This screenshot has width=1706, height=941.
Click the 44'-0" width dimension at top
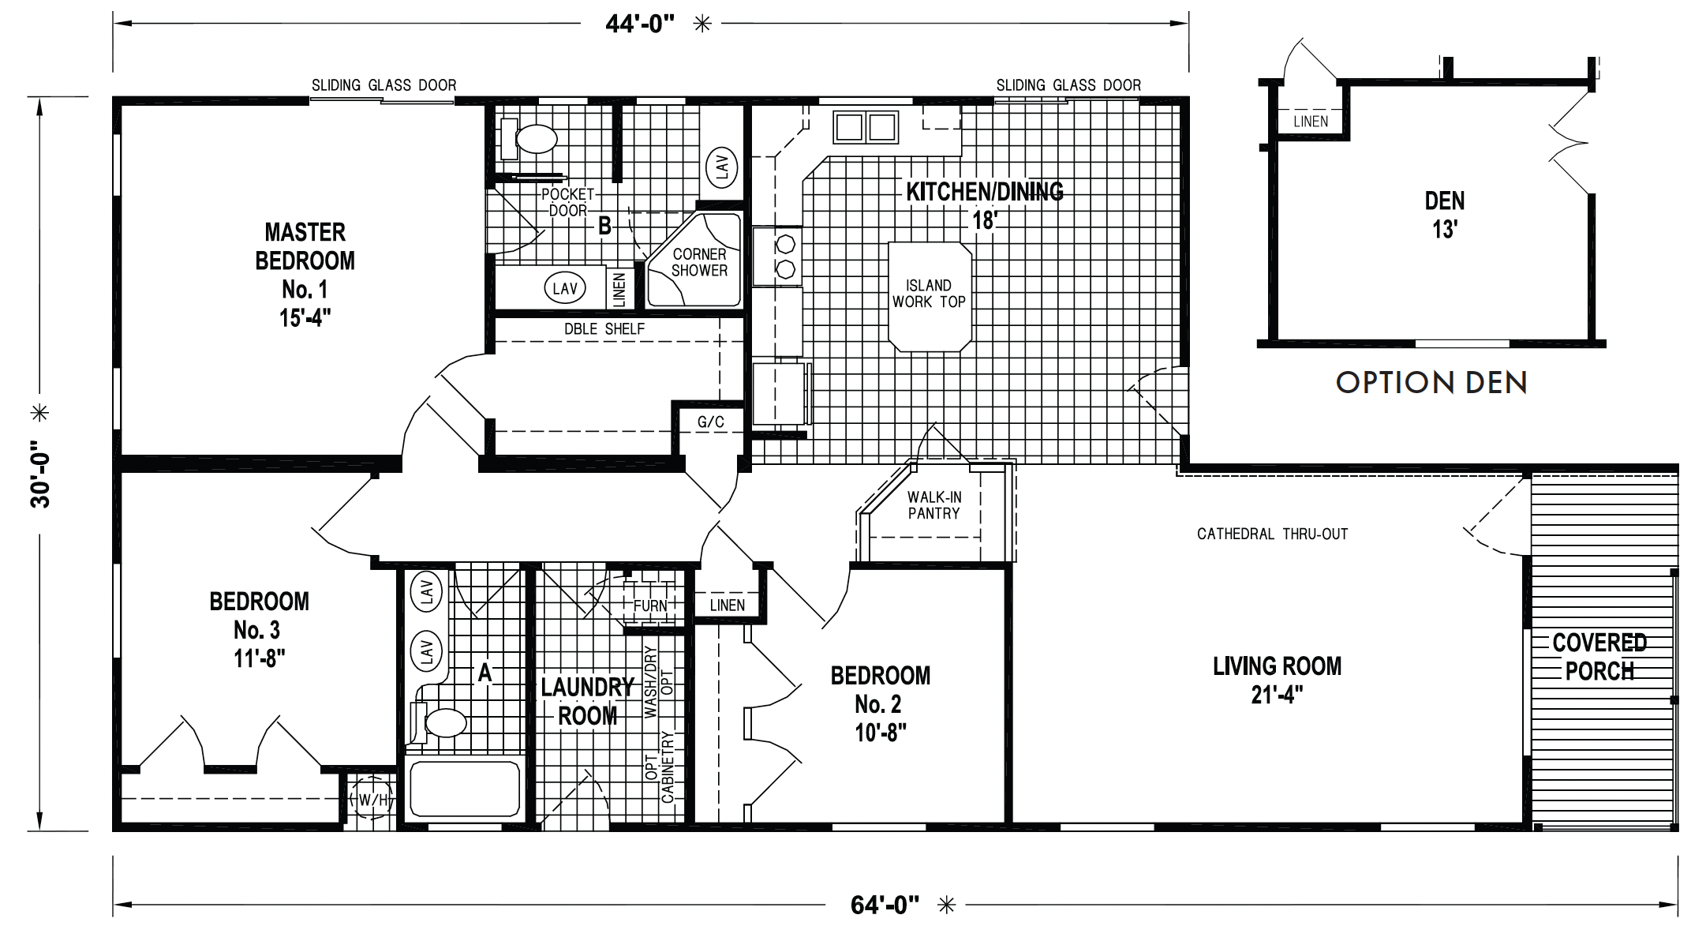(640, 24)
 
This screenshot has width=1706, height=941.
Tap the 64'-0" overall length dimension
(885, 905)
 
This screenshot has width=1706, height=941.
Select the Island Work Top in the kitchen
(930, 295)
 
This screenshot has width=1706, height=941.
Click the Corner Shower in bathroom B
(694, 261)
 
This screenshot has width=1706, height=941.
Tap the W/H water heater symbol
(372, 800)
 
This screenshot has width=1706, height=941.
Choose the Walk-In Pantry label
(933, 505)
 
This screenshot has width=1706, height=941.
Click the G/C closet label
(710, 422)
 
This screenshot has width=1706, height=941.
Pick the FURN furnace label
(651, 605)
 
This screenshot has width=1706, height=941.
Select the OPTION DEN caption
(1431, 383)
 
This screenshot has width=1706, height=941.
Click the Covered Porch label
(1599, 657)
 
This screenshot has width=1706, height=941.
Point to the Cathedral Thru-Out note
(1272, 534)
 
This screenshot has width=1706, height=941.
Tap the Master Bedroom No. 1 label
(305, 275)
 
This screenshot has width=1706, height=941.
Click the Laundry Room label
(588, 702)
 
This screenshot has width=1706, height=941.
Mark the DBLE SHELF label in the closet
(604, 329)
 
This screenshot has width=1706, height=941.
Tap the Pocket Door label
(568, 202)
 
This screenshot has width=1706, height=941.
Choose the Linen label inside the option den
(1311, 122)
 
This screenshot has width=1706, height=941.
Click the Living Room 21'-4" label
(1277, 680)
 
